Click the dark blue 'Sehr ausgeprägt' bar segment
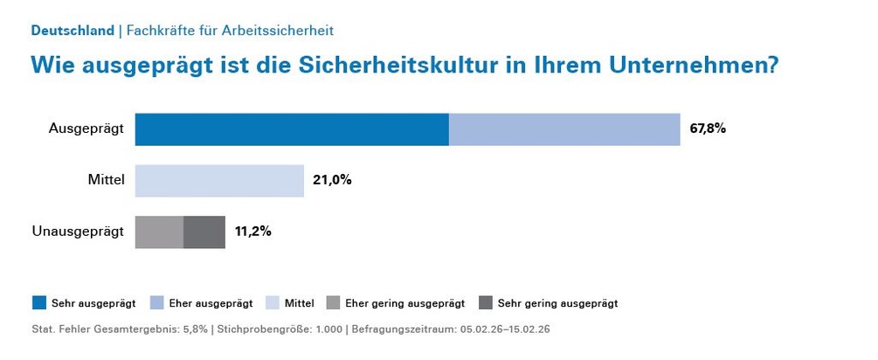[292, 129]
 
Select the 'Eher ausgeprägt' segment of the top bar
[564, 129]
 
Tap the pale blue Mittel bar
[219, 181]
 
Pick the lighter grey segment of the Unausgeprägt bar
[159, 232]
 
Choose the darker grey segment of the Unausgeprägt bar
[204, 232]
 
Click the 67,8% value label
[708, 128]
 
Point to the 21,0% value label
[332, 181]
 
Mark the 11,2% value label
[253, 232]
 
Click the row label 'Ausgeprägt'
[86, 129]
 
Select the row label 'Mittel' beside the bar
[107, 181]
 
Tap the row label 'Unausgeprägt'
[79, 232]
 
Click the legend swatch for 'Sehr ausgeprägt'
[38, 303]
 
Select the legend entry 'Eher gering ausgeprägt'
[404, 303]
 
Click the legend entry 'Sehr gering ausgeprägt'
[557, 303]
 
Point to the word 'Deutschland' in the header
[73, 31]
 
